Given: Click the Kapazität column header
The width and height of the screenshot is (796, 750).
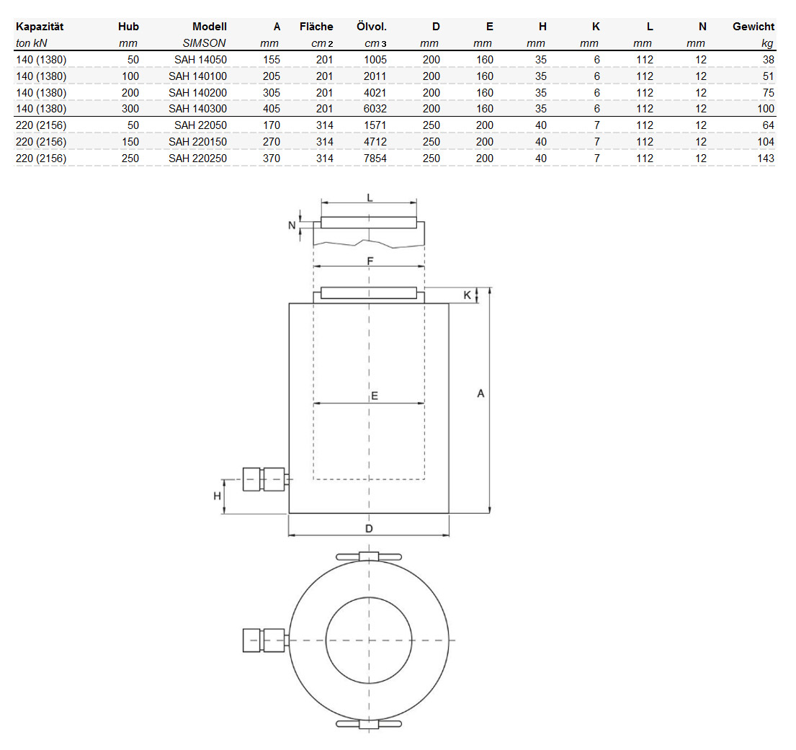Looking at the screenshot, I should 40,27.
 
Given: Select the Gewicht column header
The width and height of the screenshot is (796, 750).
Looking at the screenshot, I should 753,27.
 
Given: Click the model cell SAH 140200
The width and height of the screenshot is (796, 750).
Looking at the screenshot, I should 197,92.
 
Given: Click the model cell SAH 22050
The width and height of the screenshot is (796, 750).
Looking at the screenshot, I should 200,125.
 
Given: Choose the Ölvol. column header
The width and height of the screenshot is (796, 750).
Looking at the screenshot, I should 371,27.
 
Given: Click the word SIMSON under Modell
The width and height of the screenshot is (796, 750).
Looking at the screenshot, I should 204,43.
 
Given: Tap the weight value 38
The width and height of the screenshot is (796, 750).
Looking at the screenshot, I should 768,60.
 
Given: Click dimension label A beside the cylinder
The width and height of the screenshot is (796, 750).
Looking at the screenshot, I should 481,393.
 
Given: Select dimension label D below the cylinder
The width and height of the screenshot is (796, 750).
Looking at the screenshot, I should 369,528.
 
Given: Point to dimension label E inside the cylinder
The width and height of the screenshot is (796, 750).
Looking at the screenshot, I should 375,396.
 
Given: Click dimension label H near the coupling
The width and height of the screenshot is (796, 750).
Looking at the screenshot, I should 216,496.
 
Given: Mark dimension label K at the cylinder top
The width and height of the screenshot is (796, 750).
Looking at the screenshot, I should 467,295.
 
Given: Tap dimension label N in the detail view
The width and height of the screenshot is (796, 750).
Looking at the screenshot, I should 292,225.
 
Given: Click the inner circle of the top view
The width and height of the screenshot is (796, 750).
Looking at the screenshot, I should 369,639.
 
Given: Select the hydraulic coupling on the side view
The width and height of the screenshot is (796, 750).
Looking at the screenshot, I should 264,479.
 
